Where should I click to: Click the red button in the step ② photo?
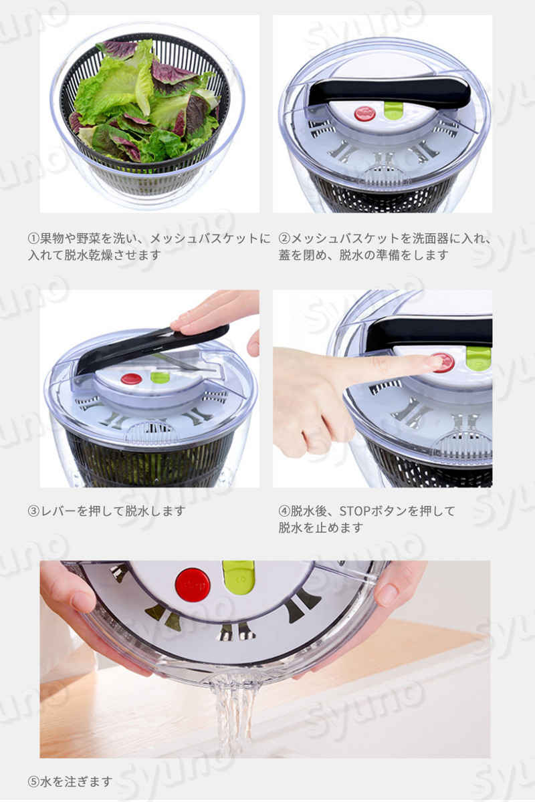click(x=364, y=114)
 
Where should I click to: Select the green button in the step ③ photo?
click(x=160, y=378)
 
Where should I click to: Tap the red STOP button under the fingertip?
click(x=443, y=362)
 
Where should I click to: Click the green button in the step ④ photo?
click(x=479, y=357)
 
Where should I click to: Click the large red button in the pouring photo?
click(x=193, y=585)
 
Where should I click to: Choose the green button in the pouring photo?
click(x=238, y=576)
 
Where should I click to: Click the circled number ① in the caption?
click(x=33, y=239)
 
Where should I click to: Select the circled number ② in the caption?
click(x=284, y=239)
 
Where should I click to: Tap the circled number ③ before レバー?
click(x=33, y=511)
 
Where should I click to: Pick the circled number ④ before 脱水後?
click(x=284, y=511)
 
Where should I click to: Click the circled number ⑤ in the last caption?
click(x=33, y=781)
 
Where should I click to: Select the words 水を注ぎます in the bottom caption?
click(x=76, y=781)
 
